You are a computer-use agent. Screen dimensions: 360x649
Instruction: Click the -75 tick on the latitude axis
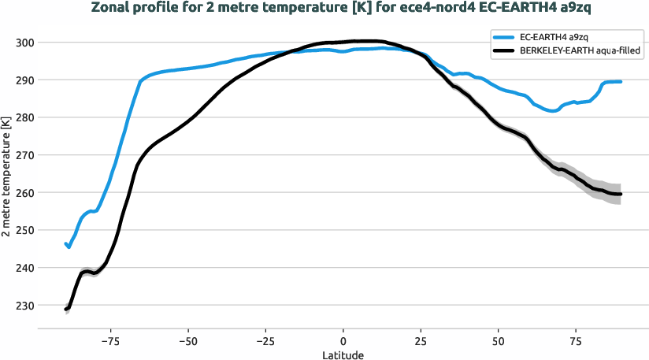pyautogui.click(x=109, y=341)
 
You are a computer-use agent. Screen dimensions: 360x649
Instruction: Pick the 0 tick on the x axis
pyautogui.click(x=343, y=341)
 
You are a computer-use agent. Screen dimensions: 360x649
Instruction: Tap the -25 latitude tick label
pyautogui.click(x=265, y=341)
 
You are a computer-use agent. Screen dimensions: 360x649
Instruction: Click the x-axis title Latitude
pyautogui.click(x=343, y=355)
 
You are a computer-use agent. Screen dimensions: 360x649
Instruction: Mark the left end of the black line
pyautogui.click(x=66, y=310)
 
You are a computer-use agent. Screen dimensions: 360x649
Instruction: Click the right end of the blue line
pyautogui.click(x=621, y=82)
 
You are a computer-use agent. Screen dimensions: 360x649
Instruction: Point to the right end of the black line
pyautogui.click(x=621, y=194)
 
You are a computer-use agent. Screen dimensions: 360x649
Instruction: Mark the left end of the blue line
pyautogui.click(x=66, y=244)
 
